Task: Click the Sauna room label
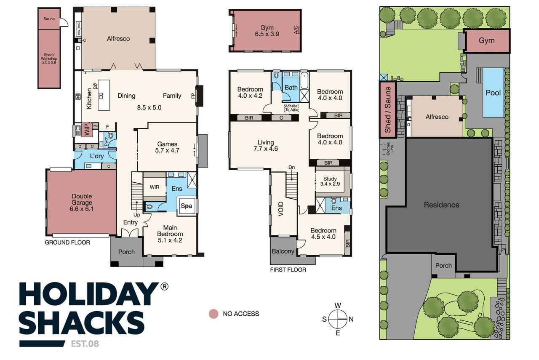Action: click(x=49, y=19)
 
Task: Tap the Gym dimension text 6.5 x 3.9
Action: click(x=267, y=34)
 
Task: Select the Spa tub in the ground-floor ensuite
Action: click(x=187, y=206)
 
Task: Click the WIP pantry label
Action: click(x=87, y=130)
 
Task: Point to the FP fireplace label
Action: click(x=193, y=96)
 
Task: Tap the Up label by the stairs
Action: click(x=137, y=215)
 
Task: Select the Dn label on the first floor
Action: click(x=292, y=167)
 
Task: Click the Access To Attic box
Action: click(x=292, y=108)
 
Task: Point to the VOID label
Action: click(x=281, y=209)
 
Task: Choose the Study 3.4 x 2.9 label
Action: click(x=330, y=181)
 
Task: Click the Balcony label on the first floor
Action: click(x=283, y=251)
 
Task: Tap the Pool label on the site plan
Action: click(x=493, y=93)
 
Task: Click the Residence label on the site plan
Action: click(x=442, y=205)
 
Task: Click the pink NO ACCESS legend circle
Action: click(x=213, y=314)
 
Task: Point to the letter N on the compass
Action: click(x=351, y=319)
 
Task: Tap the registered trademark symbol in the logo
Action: click(x=164, y=287)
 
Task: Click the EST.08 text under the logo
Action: click(x=85, y=344)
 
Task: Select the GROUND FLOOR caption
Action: click(x=67, y=243)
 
